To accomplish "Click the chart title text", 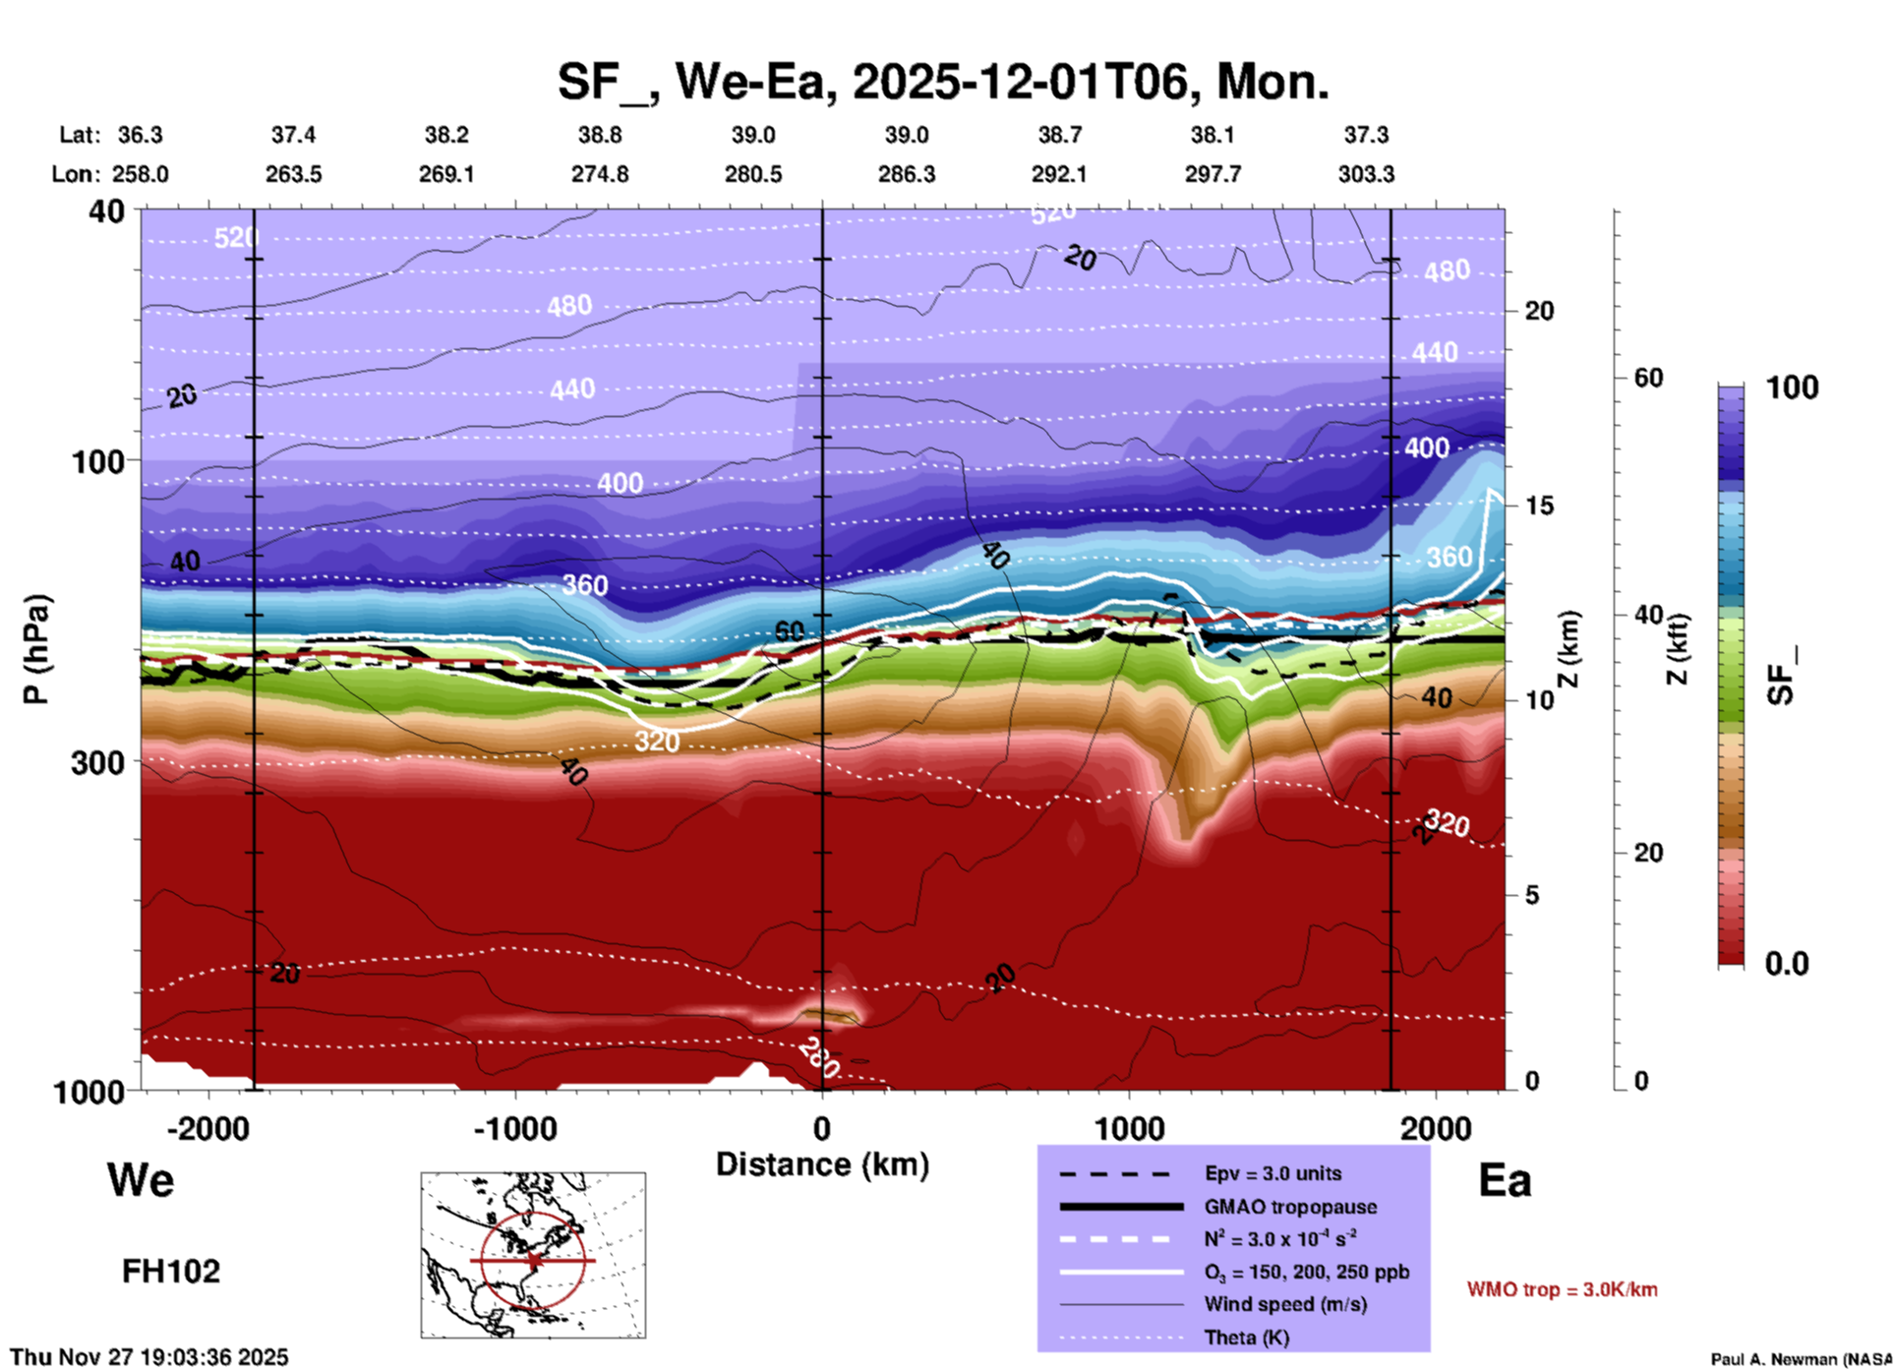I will tap(942, 82).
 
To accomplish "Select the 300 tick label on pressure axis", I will tap(98, 762).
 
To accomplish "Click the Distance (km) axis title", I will tap(822, 1164).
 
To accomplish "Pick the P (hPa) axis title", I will tap(36, 649).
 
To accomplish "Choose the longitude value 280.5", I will tap(753, 174).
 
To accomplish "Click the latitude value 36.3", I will tap(140, 135).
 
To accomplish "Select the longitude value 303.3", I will tap(1366, 174).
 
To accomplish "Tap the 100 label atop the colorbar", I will tap(1792, 387).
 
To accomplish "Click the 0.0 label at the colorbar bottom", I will tap(1787, 964).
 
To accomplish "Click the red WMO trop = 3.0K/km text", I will tap(1562, 1289).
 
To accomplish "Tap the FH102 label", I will tap(171, 1272).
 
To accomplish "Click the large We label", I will tap(141, 1179).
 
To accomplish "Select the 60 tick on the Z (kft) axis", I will tap(1649, 378).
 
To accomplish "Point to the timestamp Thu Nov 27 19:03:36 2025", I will tap(149, 1357).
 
